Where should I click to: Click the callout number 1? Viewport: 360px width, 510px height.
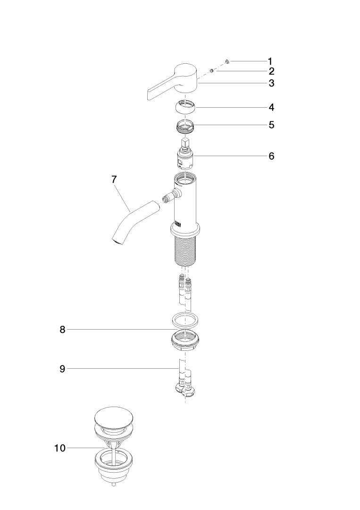click(270, 61)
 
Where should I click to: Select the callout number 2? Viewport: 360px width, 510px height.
click(271, 71)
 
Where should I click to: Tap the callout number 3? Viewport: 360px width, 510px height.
click(271, 83)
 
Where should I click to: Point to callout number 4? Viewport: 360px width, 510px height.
click(271, 107)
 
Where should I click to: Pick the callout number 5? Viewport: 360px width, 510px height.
click(271, 125)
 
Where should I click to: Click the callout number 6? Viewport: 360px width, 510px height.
click(271, 156)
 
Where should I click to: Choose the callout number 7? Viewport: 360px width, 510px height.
click(114, 179)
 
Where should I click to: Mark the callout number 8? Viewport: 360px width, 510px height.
click(62, 330)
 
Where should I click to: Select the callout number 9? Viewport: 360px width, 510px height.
click(62, 369)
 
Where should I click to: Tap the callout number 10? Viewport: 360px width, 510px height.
click(60, 448)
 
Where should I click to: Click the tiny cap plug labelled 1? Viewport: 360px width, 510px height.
click(227, 61)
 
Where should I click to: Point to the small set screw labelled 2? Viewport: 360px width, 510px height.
click(211, 70)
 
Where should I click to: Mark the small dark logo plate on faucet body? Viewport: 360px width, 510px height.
click(178, 224)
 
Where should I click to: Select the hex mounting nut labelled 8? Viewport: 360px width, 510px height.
click(185, 340)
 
